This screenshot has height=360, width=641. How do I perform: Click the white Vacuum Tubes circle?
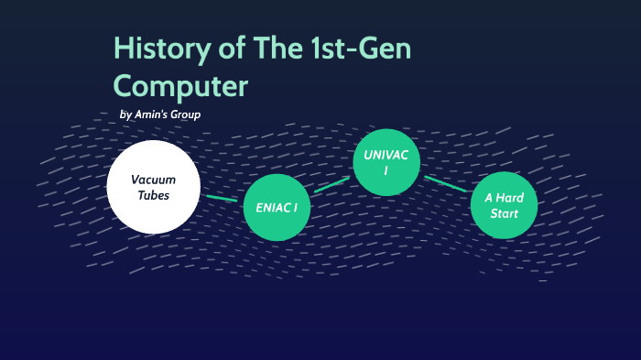(x=153, y=187)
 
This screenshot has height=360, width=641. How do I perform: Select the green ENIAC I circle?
(x=277, y=208)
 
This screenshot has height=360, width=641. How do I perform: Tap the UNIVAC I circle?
(x=386, y=162)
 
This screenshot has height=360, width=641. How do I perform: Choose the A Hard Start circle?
(x=504, y=205)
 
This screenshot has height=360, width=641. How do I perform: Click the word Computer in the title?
(x=180, y=86)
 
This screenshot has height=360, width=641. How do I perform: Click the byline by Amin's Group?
(x=160, y=115)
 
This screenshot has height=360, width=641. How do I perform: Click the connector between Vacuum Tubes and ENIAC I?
(x=222, y=197)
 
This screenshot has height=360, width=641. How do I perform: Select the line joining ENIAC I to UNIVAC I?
(x=331, y=185)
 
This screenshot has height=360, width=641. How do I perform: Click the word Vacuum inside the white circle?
(x=153, y=179)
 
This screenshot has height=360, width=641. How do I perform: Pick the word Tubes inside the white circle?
(x=153, y=195)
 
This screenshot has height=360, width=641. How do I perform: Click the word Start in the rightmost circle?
(x=504, y=214)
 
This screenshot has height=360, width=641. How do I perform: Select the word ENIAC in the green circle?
(x=271, y=208)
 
